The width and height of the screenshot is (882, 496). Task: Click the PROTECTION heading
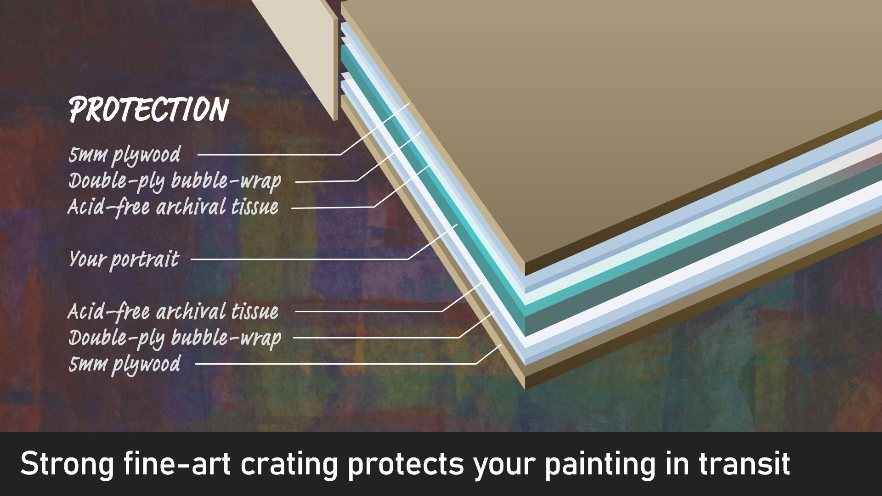coord(149,110)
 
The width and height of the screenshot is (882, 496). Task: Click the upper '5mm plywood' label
coord(124,155)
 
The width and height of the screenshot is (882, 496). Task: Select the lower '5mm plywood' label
coord(124,364)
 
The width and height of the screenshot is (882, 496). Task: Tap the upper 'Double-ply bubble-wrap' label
coord(175,181)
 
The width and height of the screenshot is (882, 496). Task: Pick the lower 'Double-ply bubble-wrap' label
coord(175,338)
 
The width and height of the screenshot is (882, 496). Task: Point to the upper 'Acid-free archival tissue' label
coord(173,207)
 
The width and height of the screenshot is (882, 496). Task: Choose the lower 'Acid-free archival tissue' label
coord(173,312)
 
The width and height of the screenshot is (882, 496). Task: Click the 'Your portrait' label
coord(124,259)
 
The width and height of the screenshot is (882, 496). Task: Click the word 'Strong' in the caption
coord(67,464)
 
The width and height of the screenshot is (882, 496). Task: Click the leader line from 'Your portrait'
coord(299,259)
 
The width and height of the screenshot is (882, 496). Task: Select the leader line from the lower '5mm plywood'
coord(335,364)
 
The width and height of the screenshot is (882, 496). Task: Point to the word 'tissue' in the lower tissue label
coord(254,312)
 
